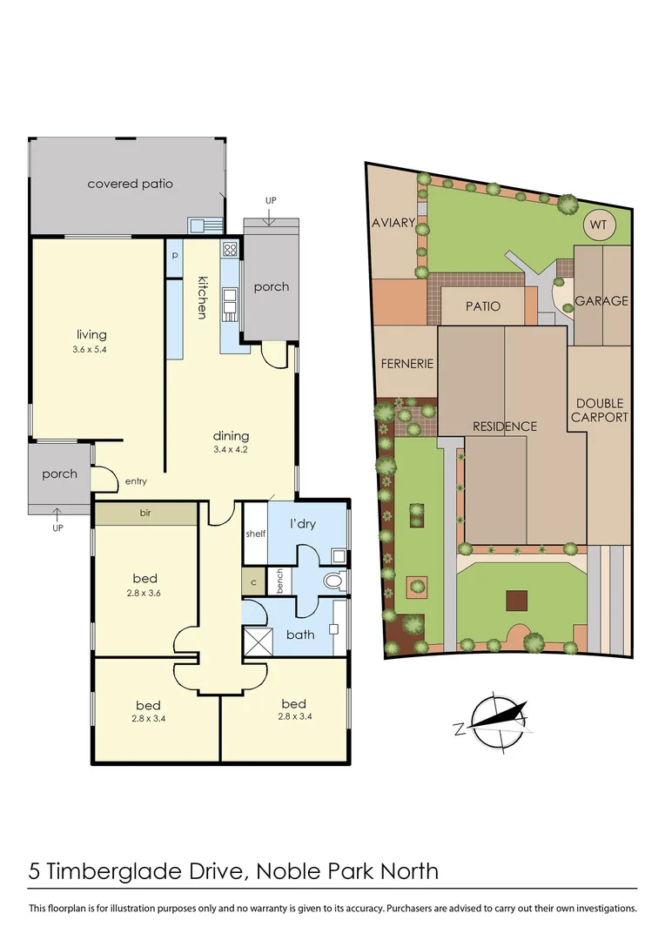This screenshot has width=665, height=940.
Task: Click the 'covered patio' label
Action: [130, 184]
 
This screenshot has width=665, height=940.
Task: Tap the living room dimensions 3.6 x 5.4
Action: [91, 349]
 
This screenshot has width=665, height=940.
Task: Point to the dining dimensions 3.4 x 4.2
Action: [231, 451]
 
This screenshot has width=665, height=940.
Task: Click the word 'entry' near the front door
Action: [136, 481]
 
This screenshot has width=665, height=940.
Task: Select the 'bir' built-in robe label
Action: [145, 514]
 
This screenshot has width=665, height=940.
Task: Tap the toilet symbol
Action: [333, 580]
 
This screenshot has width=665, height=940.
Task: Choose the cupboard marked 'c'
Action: [253, 582]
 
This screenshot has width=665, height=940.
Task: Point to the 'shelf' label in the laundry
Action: [255, 534]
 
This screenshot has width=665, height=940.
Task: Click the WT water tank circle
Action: [598, 225]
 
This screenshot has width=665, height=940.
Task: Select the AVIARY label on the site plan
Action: [393, 223]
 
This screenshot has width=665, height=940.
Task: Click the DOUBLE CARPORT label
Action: [600, 410]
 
